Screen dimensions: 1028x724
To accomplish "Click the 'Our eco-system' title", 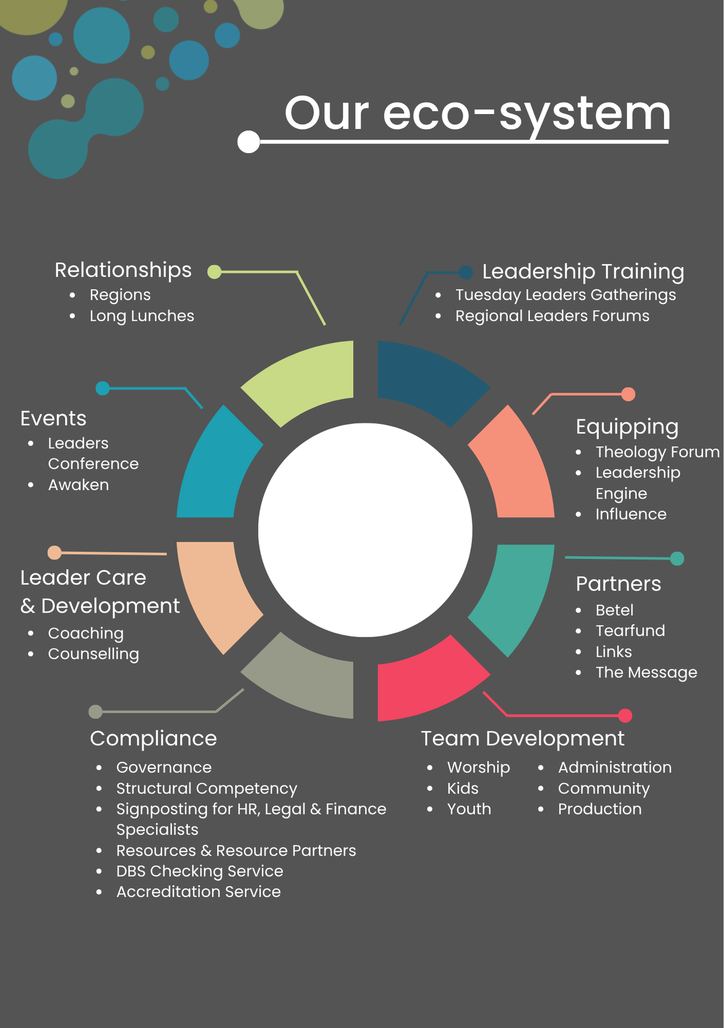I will pyautogui.click(x=477, y=114).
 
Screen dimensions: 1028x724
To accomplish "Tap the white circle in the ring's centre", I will pyautogui.click(x=365, y=530).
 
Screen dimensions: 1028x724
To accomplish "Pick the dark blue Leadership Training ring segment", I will pyautogui.click(x=426, y=378).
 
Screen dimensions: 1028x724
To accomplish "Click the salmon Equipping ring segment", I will pyautogui.click(x=516, y=468).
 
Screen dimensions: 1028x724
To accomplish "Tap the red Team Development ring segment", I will pyautogui.click(x=426, y=684).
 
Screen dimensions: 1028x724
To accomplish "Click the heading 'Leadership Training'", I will pyautogui.click(x=583, y=271).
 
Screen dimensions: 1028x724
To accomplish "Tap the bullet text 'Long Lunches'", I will pyautogui.click(x=142, y=316).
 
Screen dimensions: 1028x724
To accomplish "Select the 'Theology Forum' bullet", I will pyautogui.click(x=657, y=452).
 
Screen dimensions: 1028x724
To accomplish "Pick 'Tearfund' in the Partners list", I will pyautogui.click(x=630, y=631).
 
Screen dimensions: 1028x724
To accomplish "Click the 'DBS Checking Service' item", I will pyautogui.click(x=199, y=871).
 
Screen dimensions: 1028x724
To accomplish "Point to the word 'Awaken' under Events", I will pyautogui.click(x=78, y=485).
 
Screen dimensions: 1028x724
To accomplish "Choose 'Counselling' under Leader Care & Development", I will pyautogui.click(x=93, y=654).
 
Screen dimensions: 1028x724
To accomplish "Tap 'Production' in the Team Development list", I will pyautogui.click(x=600, y=809).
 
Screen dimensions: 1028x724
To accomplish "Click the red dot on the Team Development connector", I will pyautogui.click(x=625, y=715).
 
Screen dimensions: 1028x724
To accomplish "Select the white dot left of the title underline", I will pyautogui.click(x=249, y=142).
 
